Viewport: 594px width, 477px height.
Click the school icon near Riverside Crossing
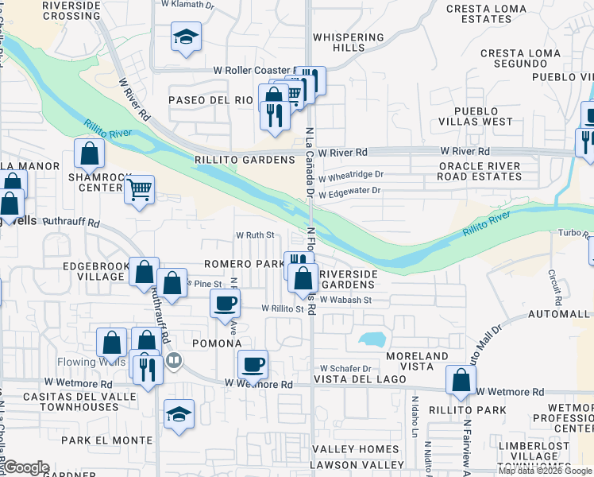(x=186, y=37)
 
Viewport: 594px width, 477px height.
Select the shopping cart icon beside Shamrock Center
(x=140, y=190)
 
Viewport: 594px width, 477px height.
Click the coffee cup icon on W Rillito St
(x=226, y=303)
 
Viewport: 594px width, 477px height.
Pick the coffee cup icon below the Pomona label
(x=253, y=365)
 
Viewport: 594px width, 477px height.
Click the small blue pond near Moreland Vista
(x=371, y=339)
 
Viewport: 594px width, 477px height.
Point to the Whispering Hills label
(x=349, y=42)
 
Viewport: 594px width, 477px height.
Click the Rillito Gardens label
(x=255, y=160)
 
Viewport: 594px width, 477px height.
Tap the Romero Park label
(x=243, y=263)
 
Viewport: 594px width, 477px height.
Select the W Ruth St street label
(x=255, y=235)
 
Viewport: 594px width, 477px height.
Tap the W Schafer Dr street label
(x=345, y=369)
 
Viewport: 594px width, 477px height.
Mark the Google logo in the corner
(x=26, y=467)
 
